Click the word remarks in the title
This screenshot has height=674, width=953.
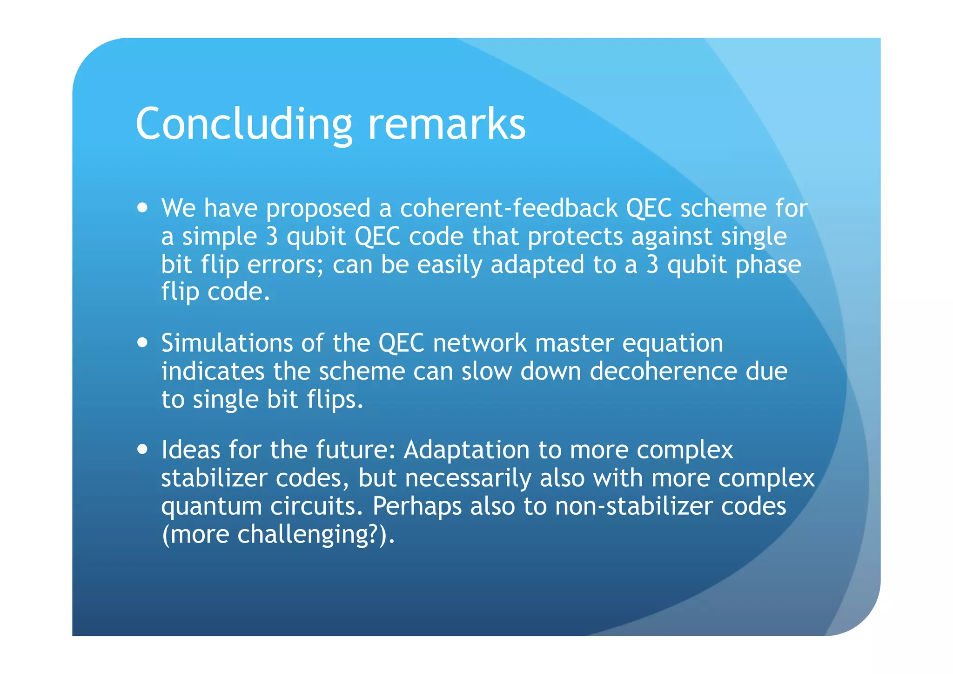click(x=447, y=124)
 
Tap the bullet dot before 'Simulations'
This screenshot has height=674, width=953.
click(x=143, y=342)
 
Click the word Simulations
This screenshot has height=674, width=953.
click(x=227, y=343)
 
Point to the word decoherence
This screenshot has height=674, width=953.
click(x=663, y=371)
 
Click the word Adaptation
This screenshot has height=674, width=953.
click(x=466, y=450)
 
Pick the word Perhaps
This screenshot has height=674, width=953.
click(x=417, y=507)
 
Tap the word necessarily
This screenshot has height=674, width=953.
click(x=468, y=478)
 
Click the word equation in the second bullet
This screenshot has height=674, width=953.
click(x=672, y=343)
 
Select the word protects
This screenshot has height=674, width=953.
click(x=575, y=236)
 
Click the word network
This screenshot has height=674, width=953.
click(x=480, y=343)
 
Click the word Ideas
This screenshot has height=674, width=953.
click(x=191, y=450)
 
